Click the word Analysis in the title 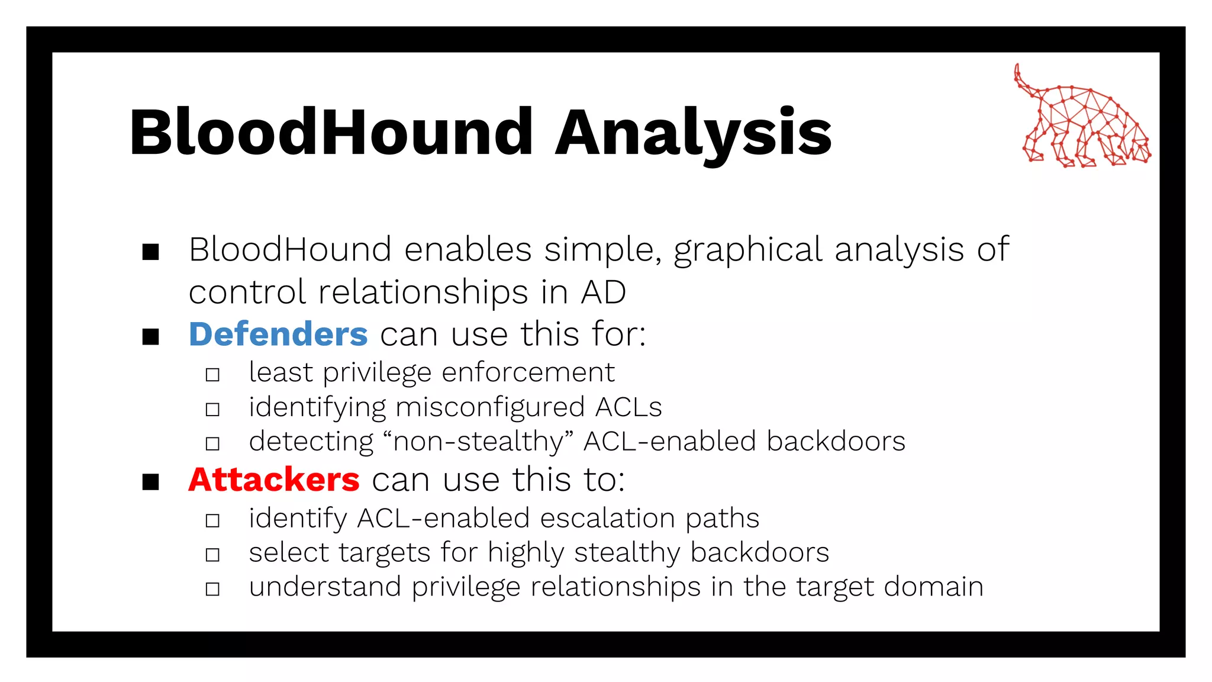694,133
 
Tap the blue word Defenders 278,334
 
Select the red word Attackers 273,479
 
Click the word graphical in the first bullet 747,250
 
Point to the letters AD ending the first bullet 603,292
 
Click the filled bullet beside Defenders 151,337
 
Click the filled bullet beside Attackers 151,482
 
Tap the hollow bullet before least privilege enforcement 212,375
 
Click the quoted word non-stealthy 478,442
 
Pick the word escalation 607,518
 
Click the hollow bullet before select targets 212,555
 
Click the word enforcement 528,373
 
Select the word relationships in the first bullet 423,292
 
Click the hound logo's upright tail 1019,77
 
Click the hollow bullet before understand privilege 212,589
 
